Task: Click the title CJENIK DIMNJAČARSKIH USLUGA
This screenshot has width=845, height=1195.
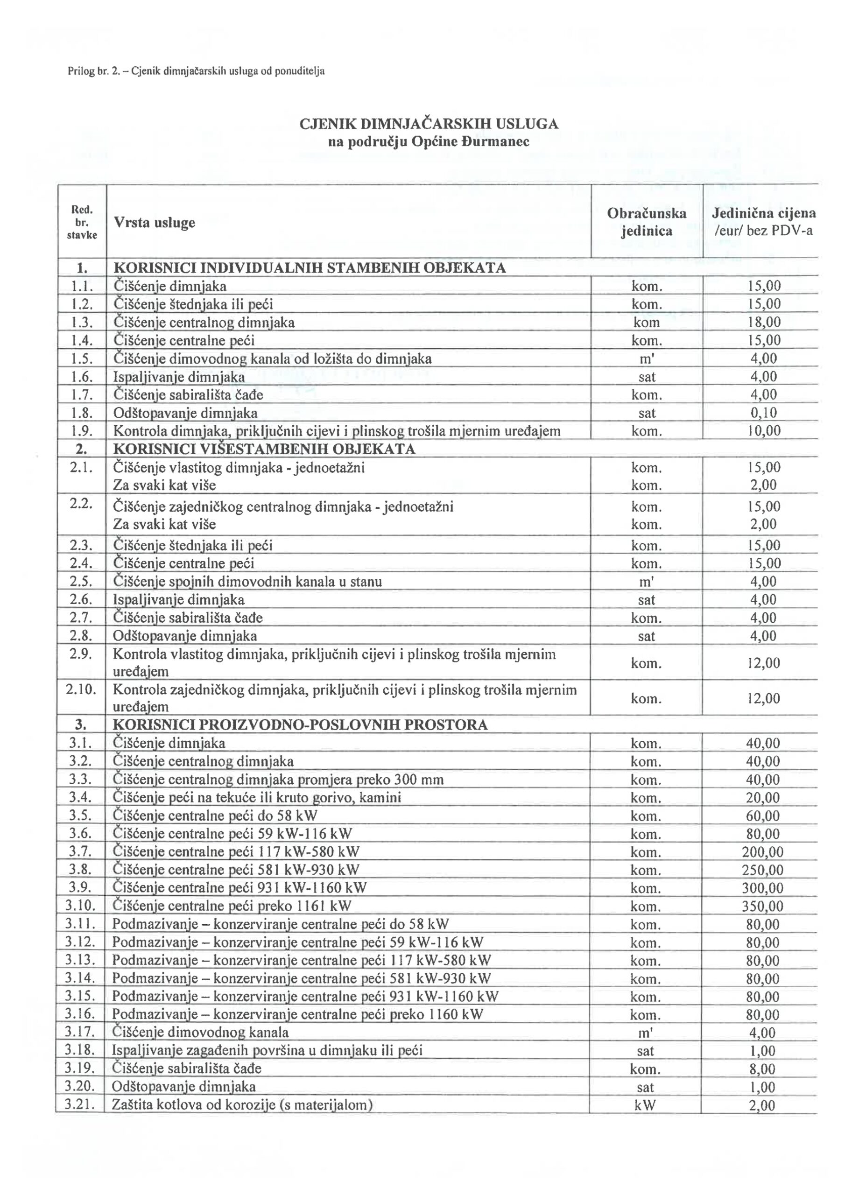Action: pos(429,124)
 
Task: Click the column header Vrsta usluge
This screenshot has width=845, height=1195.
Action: pos(154,223)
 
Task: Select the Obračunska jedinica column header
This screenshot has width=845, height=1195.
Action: pos(646,222)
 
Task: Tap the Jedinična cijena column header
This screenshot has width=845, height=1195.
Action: pos(763,221)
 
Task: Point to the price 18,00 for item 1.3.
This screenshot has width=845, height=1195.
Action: pos(764,323)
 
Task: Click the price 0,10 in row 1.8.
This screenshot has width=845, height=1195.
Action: pos(764,413)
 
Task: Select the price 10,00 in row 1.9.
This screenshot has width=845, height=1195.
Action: pos(764,431)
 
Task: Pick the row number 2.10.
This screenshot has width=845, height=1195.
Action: pos(81,689)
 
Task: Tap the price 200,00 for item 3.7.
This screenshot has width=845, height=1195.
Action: pos(762,852)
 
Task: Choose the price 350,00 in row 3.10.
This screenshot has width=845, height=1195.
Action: pos(762,906)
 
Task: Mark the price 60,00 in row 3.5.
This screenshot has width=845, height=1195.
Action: pos(763,815)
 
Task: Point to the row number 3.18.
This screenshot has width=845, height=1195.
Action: pos(80,1051)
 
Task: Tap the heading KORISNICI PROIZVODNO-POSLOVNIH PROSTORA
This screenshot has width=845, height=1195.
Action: pos(300,725)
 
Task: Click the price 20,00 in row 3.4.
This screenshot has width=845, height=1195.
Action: pos(763,798)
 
